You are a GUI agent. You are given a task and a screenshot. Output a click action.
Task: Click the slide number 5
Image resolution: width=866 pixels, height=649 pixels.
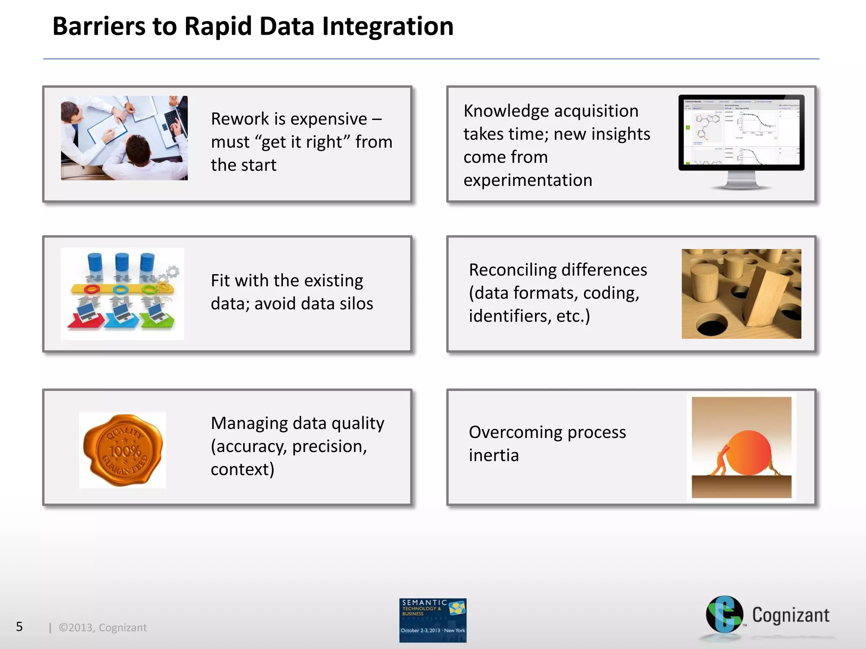[x=19, y=627]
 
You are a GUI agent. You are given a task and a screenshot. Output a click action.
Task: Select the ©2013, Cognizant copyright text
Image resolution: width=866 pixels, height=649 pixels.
[x=103, y=627]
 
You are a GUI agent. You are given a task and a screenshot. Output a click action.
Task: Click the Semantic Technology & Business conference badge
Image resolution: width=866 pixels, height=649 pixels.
[x=433, y=620]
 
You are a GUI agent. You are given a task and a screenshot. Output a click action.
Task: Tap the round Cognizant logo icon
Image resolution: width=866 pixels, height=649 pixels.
[x=724, y=614]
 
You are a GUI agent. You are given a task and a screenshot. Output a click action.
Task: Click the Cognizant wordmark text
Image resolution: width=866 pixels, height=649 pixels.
[x=790, y=615]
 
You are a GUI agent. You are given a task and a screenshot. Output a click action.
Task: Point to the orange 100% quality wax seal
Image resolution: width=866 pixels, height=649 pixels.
[x=123, y=450]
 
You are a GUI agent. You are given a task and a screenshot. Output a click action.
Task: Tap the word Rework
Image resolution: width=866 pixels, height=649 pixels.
[x=239, y=119]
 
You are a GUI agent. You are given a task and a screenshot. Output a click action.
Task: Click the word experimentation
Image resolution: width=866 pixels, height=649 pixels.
[x=527, y=180]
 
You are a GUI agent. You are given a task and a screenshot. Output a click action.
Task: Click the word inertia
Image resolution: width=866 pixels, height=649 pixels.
[x=493, y=455]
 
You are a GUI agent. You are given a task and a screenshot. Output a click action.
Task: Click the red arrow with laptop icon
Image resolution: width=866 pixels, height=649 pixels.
[x=86, y=318]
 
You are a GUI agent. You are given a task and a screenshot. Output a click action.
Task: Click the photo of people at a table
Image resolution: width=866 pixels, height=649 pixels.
[x=124, y=138]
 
